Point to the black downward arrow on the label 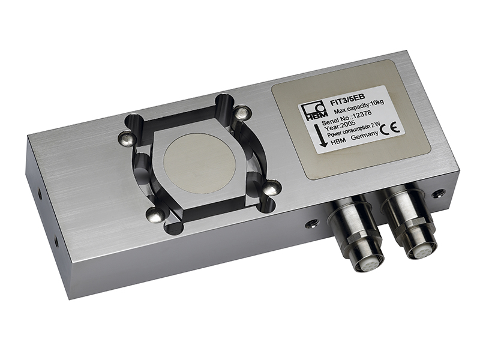pyautogui.click(x=322, y=136)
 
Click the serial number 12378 pyautogui.click(x=362, y=115)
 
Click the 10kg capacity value pyautogui.click(x=377, y=102)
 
